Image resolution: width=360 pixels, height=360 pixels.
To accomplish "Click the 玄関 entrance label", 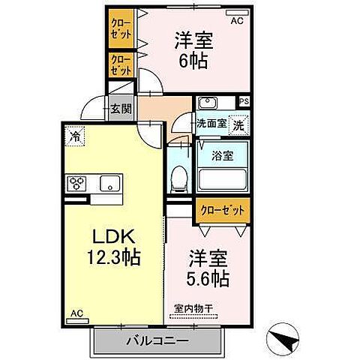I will [120, 108].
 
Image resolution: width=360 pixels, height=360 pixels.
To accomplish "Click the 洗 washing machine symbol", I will [237, 124].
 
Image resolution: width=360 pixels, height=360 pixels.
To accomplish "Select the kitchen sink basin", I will [109, 182].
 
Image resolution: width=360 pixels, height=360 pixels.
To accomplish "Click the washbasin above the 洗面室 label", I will [208, 103].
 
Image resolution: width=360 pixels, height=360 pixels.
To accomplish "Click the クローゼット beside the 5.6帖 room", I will [221, 211].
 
